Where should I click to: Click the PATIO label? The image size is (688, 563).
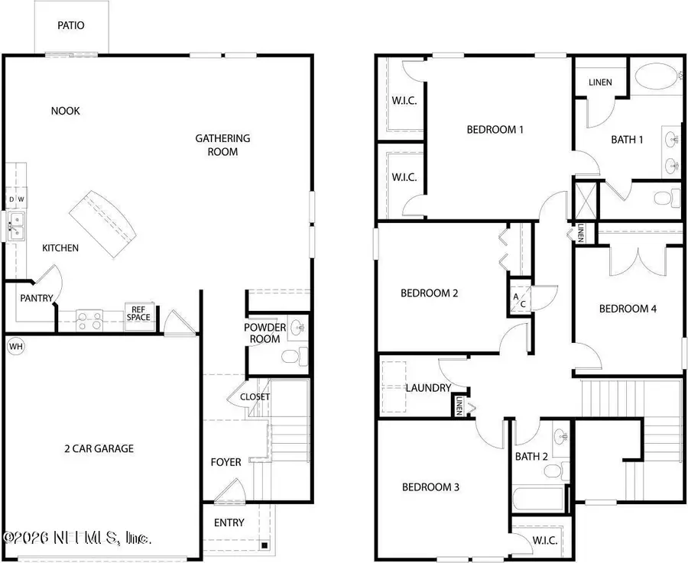(71, 25)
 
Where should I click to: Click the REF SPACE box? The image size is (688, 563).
(138, 314)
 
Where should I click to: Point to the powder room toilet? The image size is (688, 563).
(291, 356)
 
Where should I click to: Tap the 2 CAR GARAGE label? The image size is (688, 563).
(99, 448)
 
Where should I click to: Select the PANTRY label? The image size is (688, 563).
(34, 298)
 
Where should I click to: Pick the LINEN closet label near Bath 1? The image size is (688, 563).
(600, 83)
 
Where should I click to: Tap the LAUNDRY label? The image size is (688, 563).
(428, 388)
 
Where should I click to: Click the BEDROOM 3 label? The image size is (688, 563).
(430, 487)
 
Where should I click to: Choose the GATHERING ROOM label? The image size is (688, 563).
(222, 144)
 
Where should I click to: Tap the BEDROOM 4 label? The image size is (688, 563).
(628, 309)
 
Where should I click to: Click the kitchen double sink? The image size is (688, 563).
(16, 224)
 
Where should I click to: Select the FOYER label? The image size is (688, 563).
(226, 462)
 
